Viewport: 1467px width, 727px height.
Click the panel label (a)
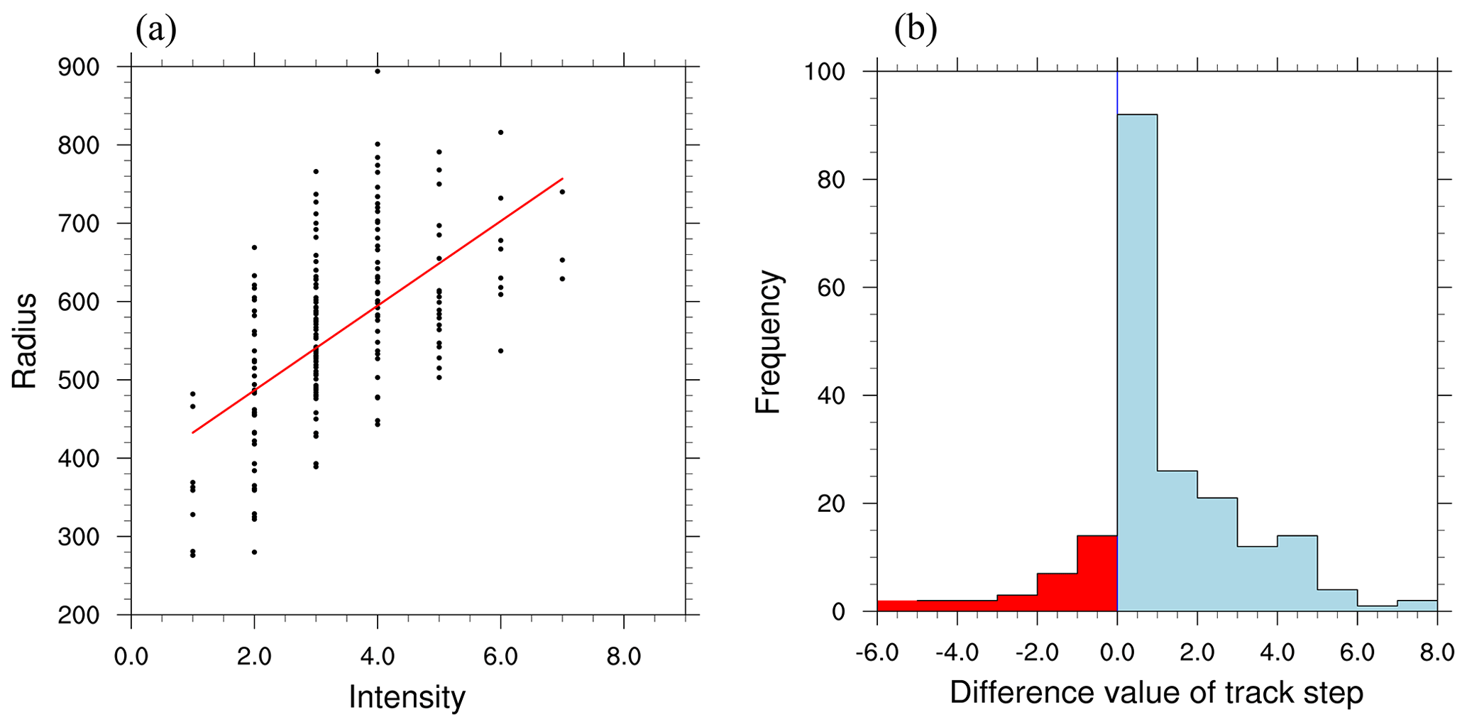pyautogui.click(x=155, y=30)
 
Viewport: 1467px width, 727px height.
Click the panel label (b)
pyautogui.click(x=915, y=30)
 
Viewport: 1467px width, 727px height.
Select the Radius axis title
pyautogui.click(x=25, y=341)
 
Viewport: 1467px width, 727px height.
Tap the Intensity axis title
pyautogui.click(x=407, y=697)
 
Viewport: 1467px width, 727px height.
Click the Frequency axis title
pyautogui.click(x=768, y=341)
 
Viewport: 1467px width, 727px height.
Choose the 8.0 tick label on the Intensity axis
pyautogui.click(x=623, y=657)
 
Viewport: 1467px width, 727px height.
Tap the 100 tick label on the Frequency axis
pyautogui.click(x=824, y=72)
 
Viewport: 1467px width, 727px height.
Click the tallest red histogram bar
pyautogui.click(x=1097, y=574)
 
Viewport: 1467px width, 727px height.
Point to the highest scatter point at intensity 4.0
pyautogui.click(x=378, y=71)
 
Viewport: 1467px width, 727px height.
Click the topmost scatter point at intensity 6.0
pyautogui.click(x=501, y=132)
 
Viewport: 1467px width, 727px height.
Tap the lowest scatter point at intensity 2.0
pyautogui.click(x=254, y=552)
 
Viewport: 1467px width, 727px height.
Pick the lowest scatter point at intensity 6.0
pyautogui.click(x=501, y=351)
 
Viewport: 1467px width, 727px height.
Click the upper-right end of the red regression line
pyautogui.click(x=562, y=179)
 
